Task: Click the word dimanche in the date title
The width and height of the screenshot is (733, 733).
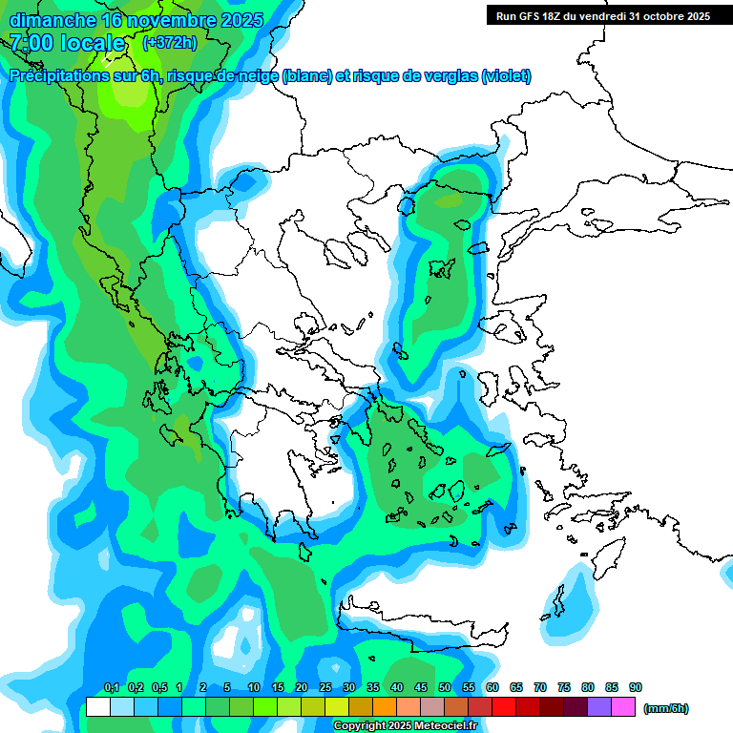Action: (52, 20)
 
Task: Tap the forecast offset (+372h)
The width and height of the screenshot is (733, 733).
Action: (169, 43)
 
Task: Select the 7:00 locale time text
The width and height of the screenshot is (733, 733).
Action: (67, 43)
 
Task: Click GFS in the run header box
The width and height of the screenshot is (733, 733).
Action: (531, 16)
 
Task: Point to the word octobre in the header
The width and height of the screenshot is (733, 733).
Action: (656, 16)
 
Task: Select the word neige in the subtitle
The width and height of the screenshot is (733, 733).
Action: (254, 76)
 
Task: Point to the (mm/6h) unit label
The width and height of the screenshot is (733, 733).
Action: (665, 708)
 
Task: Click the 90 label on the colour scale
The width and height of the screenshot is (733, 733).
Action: (636, 688)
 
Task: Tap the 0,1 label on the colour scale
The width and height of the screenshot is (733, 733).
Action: (111, 688)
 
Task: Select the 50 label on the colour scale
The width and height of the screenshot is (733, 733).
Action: (445, 688)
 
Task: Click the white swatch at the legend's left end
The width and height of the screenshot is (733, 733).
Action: (98, 707)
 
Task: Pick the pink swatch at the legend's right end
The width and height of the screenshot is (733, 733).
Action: (623, 707)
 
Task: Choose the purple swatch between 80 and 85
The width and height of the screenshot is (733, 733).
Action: (599, 707)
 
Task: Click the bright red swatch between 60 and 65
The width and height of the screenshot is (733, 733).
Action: (504, 707)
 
